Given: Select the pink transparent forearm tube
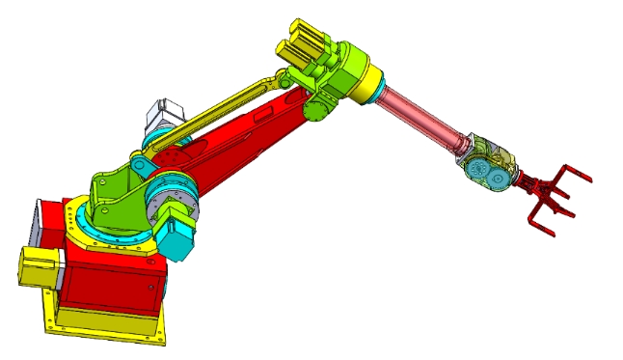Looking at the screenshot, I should (x=423, y=120).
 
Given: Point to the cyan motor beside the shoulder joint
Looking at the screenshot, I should (x=178, y=237).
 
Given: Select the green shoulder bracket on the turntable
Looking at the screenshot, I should (x=116, y=194).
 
